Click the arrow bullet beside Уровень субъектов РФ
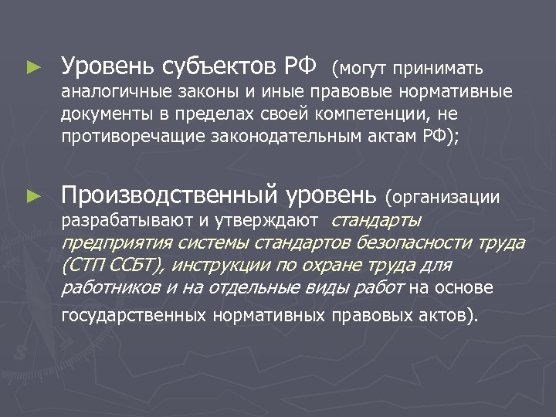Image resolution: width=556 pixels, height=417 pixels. pyautogui.click(x=32, y=67)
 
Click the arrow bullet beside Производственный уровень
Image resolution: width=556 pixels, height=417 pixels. pyautogui.click(x=32, y=197)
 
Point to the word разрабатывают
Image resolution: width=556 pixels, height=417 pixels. pyautogui.click(x=113, y=221)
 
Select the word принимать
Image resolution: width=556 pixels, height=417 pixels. pyautogui.click(x=439, y=68)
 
